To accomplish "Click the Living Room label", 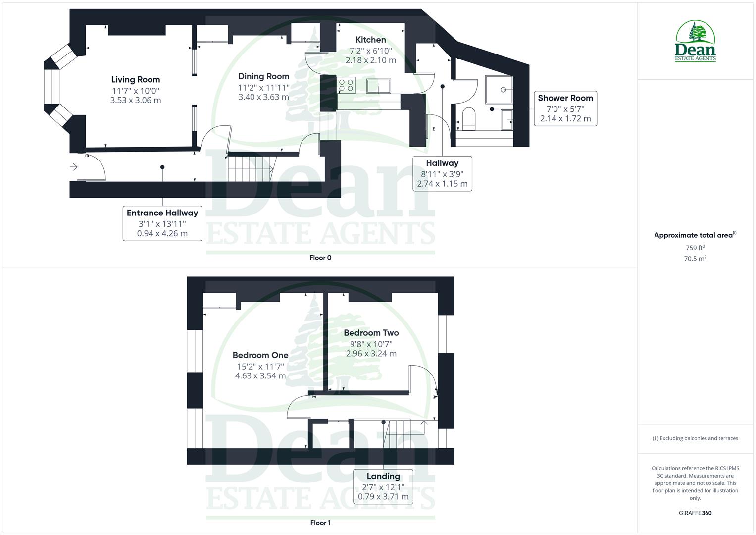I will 135,80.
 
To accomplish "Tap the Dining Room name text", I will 263,76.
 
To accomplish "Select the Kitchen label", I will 370,40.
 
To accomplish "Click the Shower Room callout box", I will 565,108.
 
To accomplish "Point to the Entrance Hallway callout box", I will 162,223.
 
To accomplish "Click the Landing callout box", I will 383,486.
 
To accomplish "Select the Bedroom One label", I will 260,355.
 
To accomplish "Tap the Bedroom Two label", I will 371,333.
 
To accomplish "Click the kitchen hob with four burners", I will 346,85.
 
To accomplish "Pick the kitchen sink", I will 379,86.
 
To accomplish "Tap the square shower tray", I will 499,89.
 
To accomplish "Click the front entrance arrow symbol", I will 74,167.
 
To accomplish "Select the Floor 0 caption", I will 320,258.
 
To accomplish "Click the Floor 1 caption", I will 320,523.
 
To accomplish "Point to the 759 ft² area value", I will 695,248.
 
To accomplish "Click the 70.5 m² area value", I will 695,259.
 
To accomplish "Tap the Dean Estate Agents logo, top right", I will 695,42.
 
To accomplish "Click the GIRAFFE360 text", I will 695,513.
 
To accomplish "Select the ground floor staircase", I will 250,168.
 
